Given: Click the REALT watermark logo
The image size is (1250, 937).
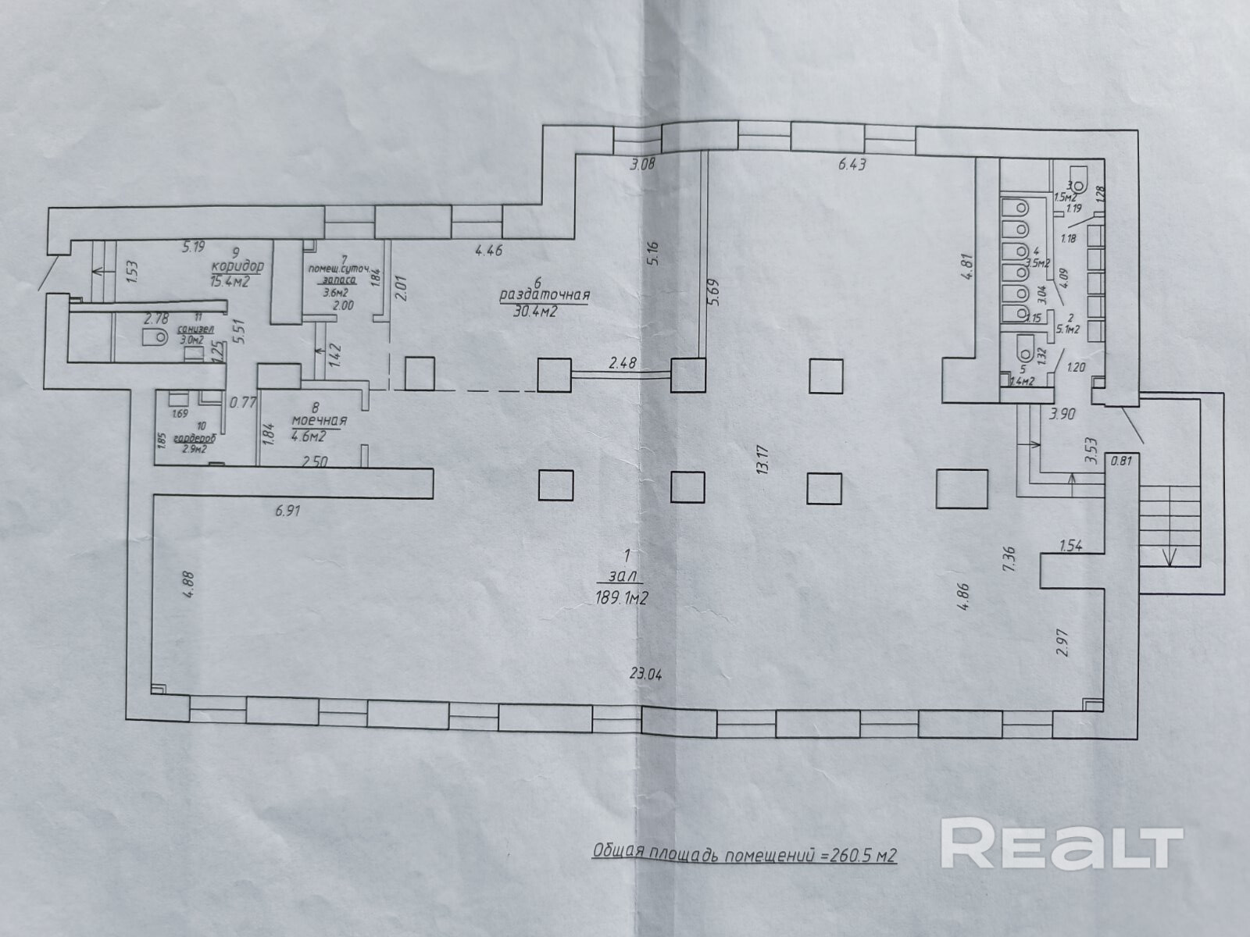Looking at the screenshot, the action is [x=1062, y=843].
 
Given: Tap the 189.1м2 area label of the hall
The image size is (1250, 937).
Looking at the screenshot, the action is [x=622, y=600].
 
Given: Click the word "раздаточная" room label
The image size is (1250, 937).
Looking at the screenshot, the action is [x=544, y=296].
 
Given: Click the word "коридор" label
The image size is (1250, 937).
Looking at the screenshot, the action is [x=237, y=267].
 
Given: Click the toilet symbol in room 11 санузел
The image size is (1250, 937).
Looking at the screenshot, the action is [x=155, y=337].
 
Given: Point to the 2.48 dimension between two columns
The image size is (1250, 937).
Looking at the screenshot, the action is [x=623, y=362].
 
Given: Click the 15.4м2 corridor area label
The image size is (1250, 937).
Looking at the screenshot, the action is [x=229, y=281].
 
